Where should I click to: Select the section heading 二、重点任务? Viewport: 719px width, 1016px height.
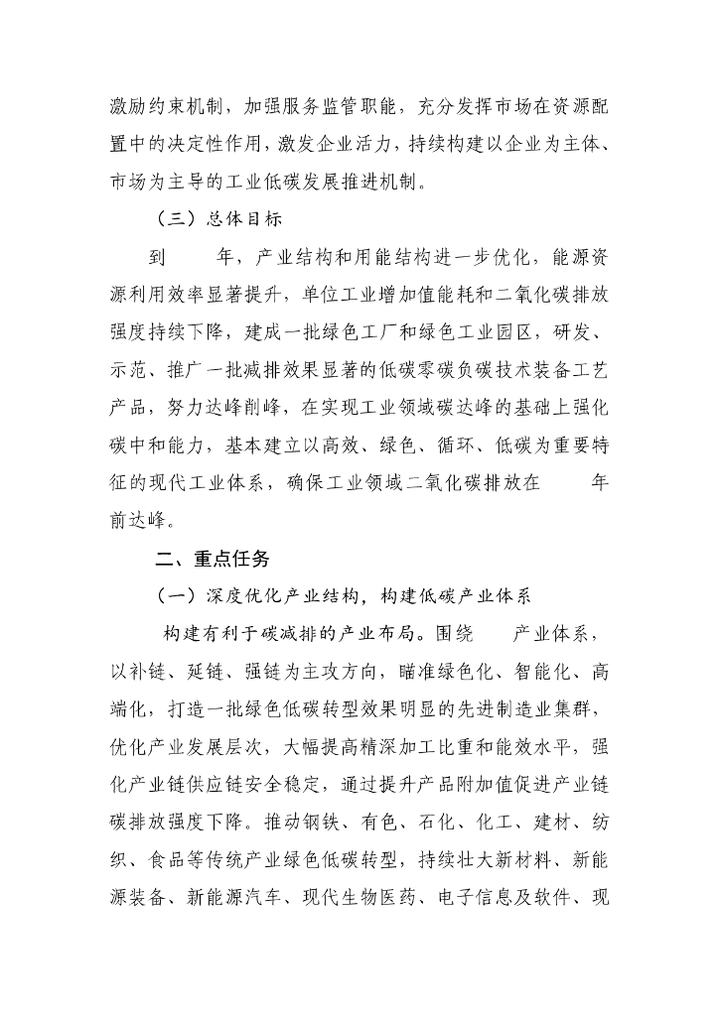pyautogui.click(x=213, y=559)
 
